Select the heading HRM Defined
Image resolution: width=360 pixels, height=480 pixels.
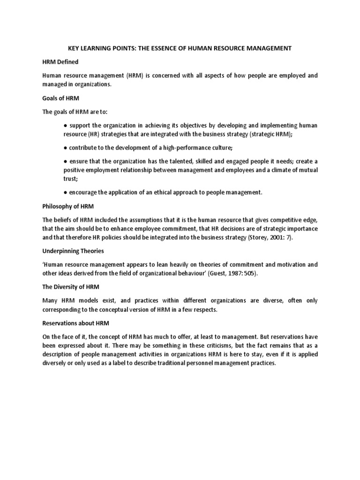click(60, 62)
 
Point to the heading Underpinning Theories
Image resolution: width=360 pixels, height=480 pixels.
click(73, 251)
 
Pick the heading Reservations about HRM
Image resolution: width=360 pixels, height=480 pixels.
click(75, 322)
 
